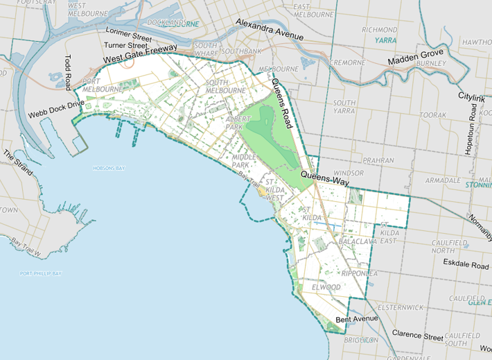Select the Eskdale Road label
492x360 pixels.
click(x=466, y=264)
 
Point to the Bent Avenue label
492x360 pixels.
click(x=356, y=318)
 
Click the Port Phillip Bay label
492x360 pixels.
click(x=41, y=273)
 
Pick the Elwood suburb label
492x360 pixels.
click(x=325, y=286)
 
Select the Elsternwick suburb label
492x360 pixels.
click(x=396, y=306)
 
